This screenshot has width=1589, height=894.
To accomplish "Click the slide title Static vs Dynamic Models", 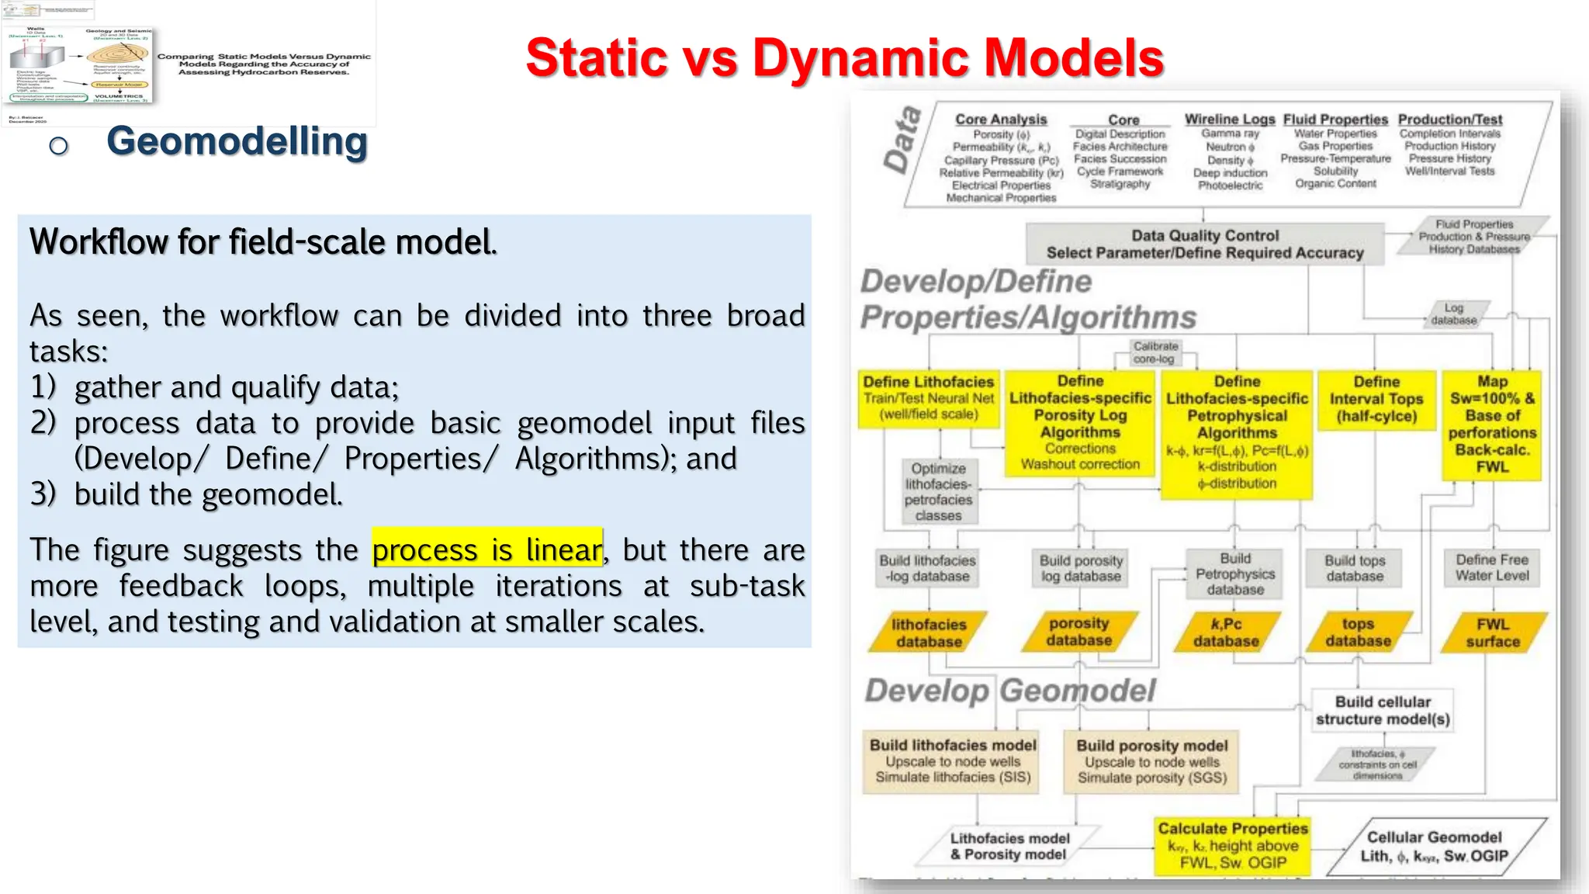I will [x=844, y=58].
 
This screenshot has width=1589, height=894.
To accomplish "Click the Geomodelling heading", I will [x=237, y=142].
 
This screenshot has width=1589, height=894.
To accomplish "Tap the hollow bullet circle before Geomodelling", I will [x=58, y=145].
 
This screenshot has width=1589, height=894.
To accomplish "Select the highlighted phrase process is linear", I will [x=486, y=549].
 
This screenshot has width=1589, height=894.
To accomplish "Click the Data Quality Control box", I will [x=1204, y=244].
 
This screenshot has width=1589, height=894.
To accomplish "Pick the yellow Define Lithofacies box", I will [x=928, y=399].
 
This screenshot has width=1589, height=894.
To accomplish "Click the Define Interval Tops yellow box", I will [x=1376, y=399].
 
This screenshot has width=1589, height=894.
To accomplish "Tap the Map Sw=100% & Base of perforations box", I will [x=1491, y=424].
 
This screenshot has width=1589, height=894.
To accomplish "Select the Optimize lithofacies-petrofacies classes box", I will [x=938, y=492].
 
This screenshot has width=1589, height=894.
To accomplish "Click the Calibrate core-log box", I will [x=1155, y=353].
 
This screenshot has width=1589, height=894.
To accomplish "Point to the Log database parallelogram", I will [x=1454, y=314].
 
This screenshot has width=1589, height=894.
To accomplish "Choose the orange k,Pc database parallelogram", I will [x=1226, y=632].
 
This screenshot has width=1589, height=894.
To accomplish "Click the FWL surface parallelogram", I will [x=1492, y=632].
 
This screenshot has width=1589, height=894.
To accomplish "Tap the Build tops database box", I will [x=1354, y=568].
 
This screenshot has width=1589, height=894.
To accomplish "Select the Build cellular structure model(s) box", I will [x=1382, y=710].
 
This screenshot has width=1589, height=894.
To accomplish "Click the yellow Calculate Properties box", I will [x=1232, y=845].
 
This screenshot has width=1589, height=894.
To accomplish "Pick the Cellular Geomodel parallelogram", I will [x=1434, y=846].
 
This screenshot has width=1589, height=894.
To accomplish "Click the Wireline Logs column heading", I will [x=1229, y=120].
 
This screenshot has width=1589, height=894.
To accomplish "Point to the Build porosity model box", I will [x=1151, y=761].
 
